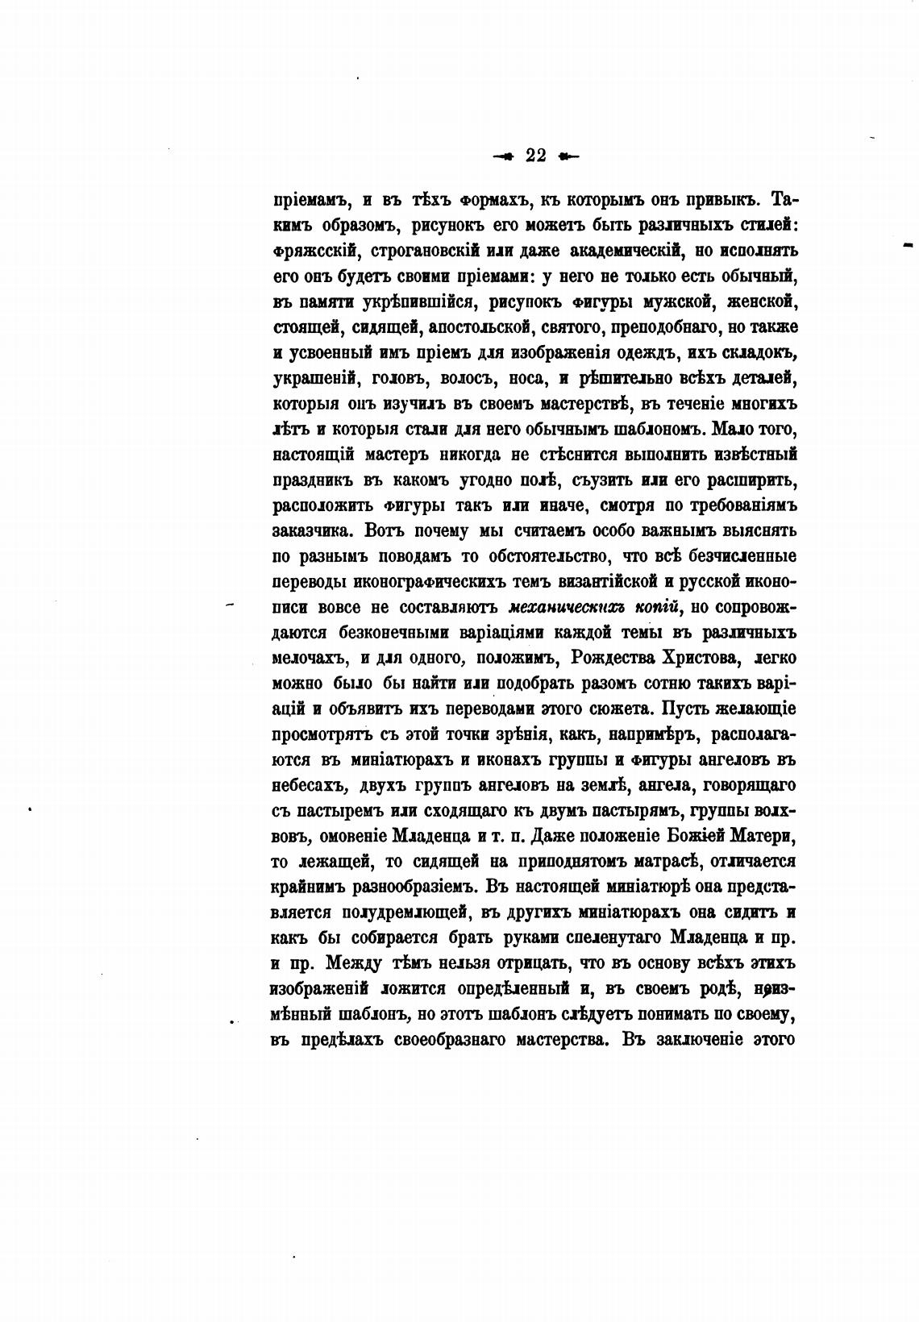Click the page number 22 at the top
pyautogui.click(x=535, y=156)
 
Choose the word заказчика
pyautogui.click(x=313, y=531)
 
